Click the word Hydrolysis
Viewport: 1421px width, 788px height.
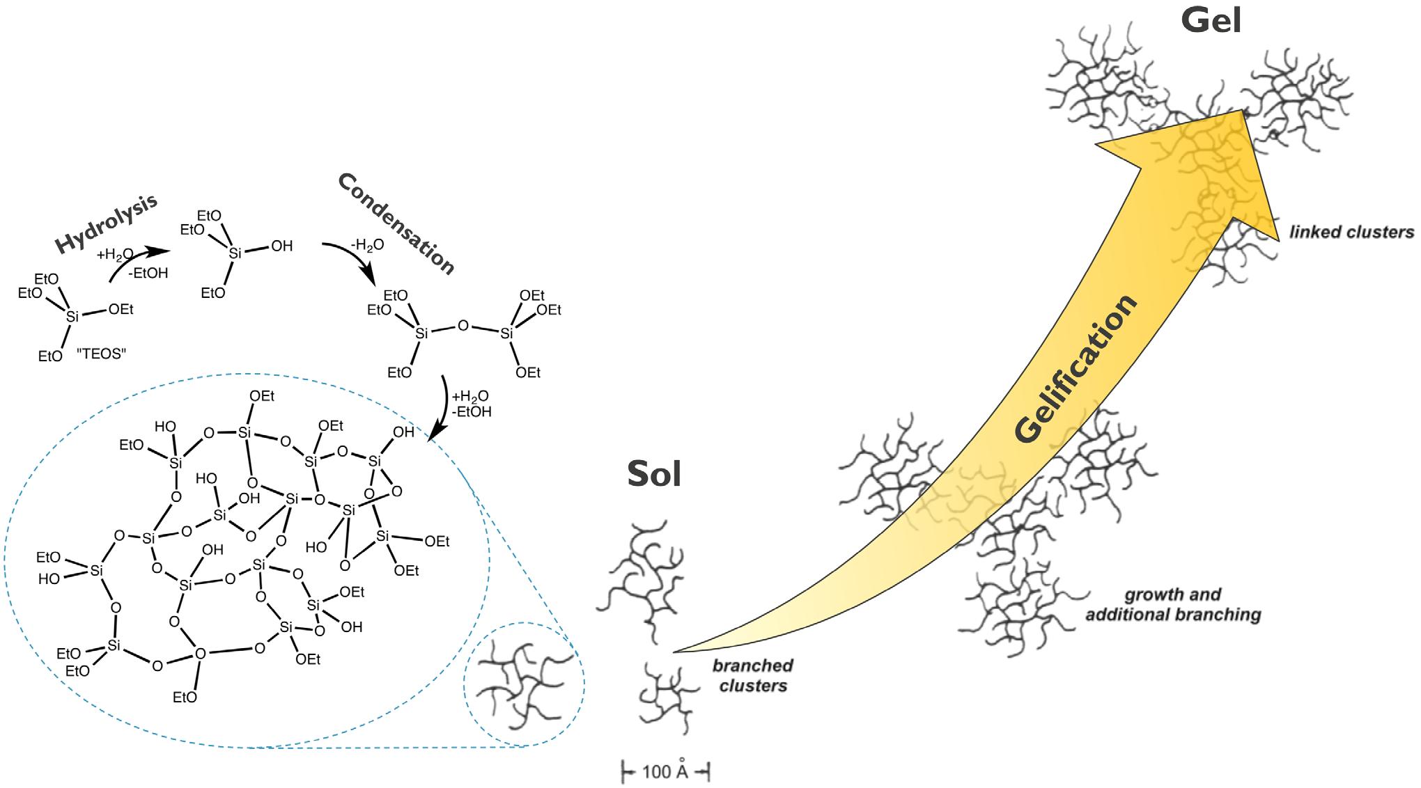pos(106,224)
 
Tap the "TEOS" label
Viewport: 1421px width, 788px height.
pos(101,354)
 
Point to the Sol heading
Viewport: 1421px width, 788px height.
pos(653,474)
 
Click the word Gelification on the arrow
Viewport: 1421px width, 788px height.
pos(1076,370)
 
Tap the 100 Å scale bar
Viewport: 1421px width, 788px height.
pos(665,771)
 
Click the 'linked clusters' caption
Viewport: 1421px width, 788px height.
pos(1351,232)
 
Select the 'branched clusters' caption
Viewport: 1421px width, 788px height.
pos(753,675)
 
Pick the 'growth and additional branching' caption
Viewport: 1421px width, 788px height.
pos(1173,605)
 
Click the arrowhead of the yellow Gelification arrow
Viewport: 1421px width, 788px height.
pos(1212,160)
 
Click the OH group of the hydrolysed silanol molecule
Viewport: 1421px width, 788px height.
pos(281,246)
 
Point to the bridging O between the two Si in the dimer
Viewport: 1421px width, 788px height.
pos(463,326)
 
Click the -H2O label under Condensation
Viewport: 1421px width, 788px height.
pos(366,246)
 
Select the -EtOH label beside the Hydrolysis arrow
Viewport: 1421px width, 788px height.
pos(148,273)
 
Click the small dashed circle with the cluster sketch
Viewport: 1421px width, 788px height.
pos(524,684)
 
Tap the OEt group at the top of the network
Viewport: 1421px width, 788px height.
pos(262,396)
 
